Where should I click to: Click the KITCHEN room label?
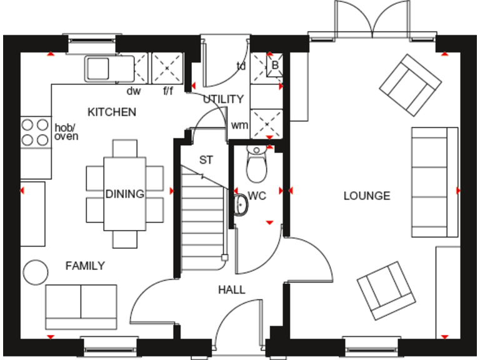(111, 112)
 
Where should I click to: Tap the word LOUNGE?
(367, 196)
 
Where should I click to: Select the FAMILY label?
(85, 266)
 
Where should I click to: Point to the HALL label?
(231, 290)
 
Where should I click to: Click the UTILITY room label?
(223, 99)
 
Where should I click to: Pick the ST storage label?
(206, 160)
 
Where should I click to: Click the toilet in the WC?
(256, 164)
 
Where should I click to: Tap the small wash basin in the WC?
(241, 204)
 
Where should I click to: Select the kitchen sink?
(97, 68)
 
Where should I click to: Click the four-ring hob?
(35, 132)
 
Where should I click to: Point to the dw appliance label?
(134, 91)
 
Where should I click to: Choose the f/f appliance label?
(169, 91)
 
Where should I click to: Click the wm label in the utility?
(239, 125)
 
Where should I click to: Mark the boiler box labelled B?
(274, 65)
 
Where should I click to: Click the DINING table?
(124, 194)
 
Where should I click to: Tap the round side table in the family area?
(35, 272)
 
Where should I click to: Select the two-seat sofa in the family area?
(81, 306)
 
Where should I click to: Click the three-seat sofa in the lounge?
(434, 182)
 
